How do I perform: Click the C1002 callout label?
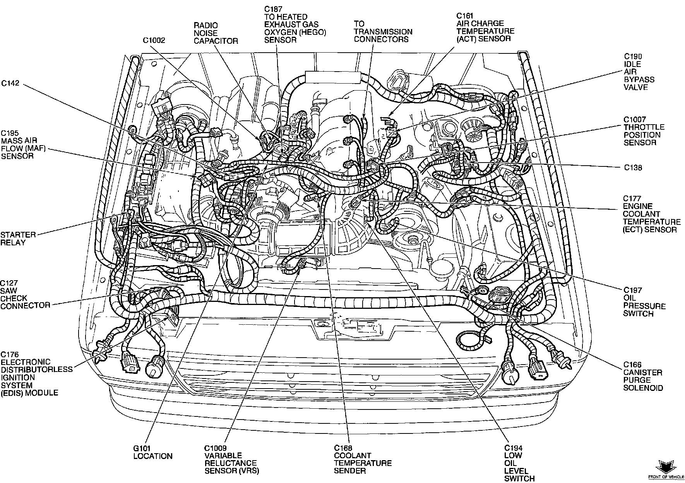click(154, 40)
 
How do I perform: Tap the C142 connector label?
click(10, 83)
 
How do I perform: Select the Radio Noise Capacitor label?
click(216, 33)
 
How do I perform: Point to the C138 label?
click(633, 168)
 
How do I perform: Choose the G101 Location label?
click(152, 452)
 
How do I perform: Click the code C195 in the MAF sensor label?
click(10, 133)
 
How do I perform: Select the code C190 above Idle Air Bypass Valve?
click(632, 57)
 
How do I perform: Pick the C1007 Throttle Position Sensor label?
click(644, 131)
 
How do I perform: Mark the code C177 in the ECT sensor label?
click(632, 199)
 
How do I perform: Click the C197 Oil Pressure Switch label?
click(644, 302)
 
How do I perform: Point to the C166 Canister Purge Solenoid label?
click(643, 376)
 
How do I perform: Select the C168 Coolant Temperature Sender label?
click(363, 459)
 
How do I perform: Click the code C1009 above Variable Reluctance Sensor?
click(216, 448)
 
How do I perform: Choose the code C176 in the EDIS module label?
click(10, 355)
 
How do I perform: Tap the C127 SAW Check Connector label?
click(25, 294)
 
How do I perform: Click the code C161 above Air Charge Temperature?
click(465, 15)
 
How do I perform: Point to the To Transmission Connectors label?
click(383, 32)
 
